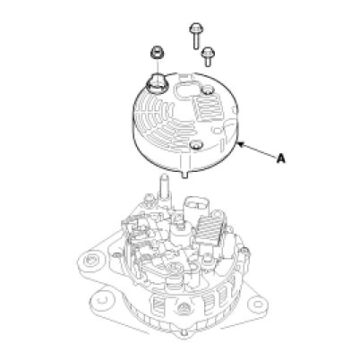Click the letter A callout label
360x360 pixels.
pyautogui.click(x=280, y=159)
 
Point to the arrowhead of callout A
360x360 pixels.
pyautogui.click(x=239, y=144)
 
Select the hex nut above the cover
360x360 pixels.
pyautogui.click(x=157, y=53)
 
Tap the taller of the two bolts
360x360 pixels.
pyautogui.click(x=196, y=35)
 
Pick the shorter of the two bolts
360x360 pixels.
pyautogui.click(x=207, y=56)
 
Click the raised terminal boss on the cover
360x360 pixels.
pyautogui.click(x=156, y=82)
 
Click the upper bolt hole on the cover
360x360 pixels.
pyautogui.click(x=208, y=90)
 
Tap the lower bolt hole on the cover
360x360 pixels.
pyautogui.click(x=196, y=145)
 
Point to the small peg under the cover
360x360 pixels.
pyautogui.click(x=185, y=174)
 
